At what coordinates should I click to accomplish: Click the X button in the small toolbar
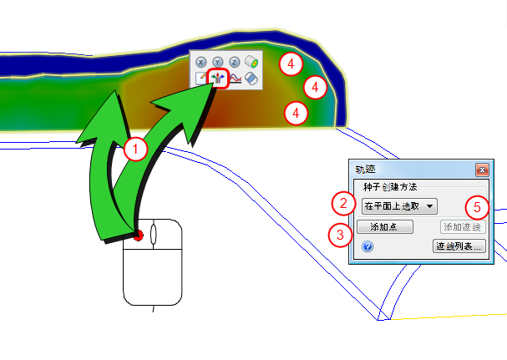201,62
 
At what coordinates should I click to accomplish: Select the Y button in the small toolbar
218,62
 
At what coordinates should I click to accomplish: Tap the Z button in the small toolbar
235,62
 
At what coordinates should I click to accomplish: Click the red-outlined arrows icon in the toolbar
218,79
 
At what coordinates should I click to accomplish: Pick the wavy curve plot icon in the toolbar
235,79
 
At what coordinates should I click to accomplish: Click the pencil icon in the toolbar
201,79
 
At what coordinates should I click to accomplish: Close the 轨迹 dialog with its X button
482,170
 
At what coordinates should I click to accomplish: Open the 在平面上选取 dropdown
399,206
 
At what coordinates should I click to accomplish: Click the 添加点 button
385,226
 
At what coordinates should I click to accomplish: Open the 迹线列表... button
459,246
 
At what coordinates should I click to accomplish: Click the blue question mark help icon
368,246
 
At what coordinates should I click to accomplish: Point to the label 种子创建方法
390,187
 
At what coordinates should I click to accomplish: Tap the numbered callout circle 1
135,150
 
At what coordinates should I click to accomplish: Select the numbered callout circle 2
344,204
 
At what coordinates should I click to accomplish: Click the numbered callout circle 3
340,236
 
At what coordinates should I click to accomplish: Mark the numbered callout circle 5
477,208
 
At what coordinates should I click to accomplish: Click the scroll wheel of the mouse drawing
153,234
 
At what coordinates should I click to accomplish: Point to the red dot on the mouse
138,236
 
